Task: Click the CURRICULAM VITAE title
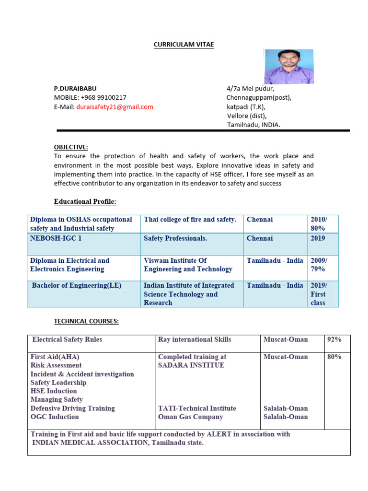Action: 184,45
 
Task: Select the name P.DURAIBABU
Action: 76,89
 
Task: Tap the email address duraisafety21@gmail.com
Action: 115,107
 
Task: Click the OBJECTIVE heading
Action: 71,147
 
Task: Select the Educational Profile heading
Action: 85,201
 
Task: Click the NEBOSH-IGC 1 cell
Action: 56,238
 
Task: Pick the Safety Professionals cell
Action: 175,238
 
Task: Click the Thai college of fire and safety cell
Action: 190,220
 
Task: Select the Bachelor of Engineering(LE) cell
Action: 77,285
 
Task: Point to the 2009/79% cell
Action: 318,265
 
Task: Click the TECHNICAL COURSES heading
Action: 86,322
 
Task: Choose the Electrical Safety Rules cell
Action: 67,339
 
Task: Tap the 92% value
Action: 334,339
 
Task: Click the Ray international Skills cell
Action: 195,339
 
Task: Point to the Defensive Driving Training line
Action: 73,409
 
